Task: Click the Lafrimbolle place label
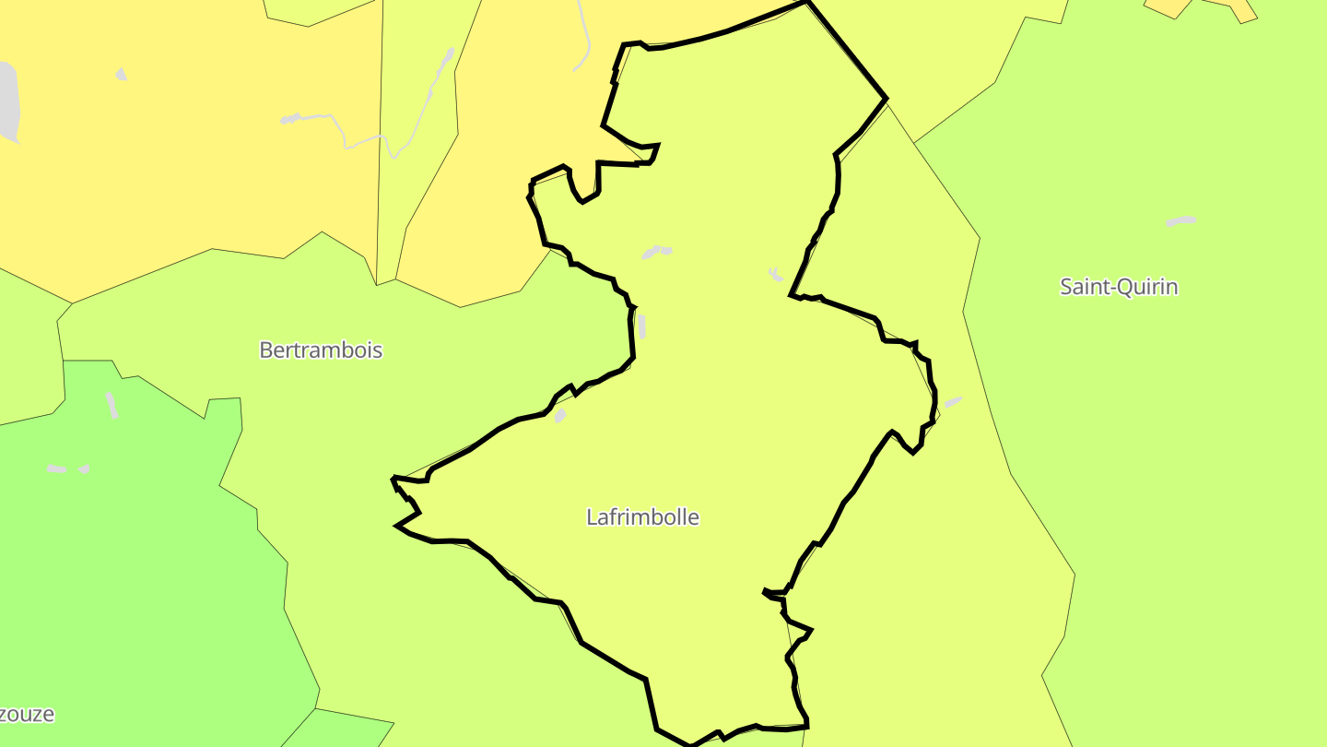(x=642, y=517)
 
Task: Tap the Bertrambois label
(x=321, y=350)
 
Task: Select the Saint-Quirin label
(x=1119, y=287)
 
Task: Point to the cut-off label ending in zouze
(x=27, y=715)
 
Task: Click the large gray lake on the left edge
(x=7, y=101)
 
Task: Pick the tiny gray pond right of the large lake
(x=121, y=74)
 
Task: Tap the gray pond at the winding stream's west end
(x=290, y=119)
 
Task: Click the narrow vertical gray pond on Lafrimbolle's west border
(x=641, y=326)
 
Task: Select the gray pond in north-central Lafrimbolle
(x=657, y=252)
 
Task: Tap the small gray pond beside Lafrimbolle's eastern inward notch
(x=776, y=274)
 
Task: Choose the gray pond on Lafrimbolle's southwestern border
(x=559, y=416)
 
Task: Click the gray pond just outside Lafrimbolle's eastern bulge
(x=953, y=402)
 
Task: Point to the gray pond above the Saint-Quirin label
(x=1180, y=221)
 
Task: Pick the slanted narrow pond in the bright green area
(x=112, y=405)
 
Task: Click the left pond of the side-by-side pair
(x=57, y=469)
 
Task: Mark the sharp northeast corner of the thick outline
(x=886, y=98)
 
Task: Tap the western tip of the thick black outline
(x=393, y=479)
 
